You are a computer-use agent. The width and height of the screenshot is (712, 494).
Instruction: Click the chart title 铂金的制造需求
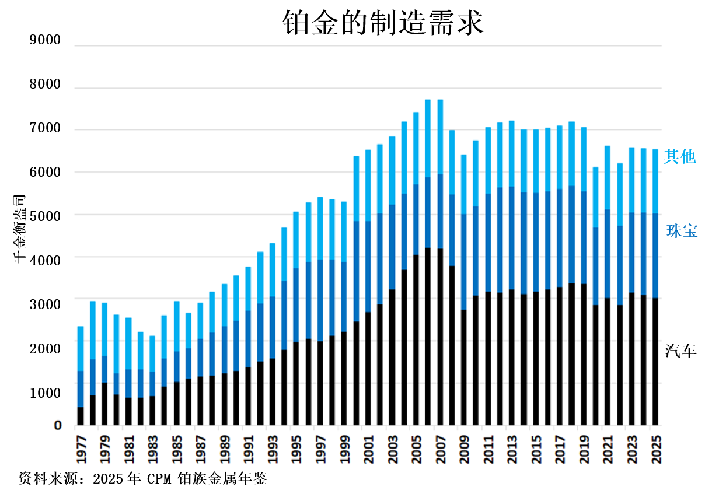tap(383, 23)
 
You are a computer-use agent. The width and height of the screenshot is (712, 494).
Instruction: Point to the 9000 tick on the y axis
tap(46, 40)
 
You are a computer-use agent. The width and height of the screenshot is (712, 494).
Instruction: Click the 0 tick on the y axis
tap(58, 426)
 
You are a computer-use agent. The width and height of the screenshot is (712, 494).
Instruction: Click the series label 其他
tap(680, 156)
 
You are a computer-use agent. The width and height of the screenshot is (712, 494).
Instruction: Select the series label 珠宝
tap(682, 231)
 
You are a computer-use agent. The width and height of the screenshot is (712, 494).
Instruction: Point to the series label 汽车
tap(680, 351)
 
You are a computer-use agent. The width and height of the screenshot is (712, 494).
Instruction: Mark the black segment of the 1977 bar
tap(81, 416)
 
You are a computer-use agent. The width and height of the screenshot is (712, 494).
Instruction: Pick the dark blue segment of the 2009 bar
tap(464, 262)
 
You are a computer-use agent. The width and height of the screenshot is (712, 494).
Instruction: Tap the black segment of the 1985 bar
tap(176, 403)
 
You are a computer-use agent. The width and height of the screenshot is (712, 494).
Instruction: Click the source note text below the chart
tap(143, 479)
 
